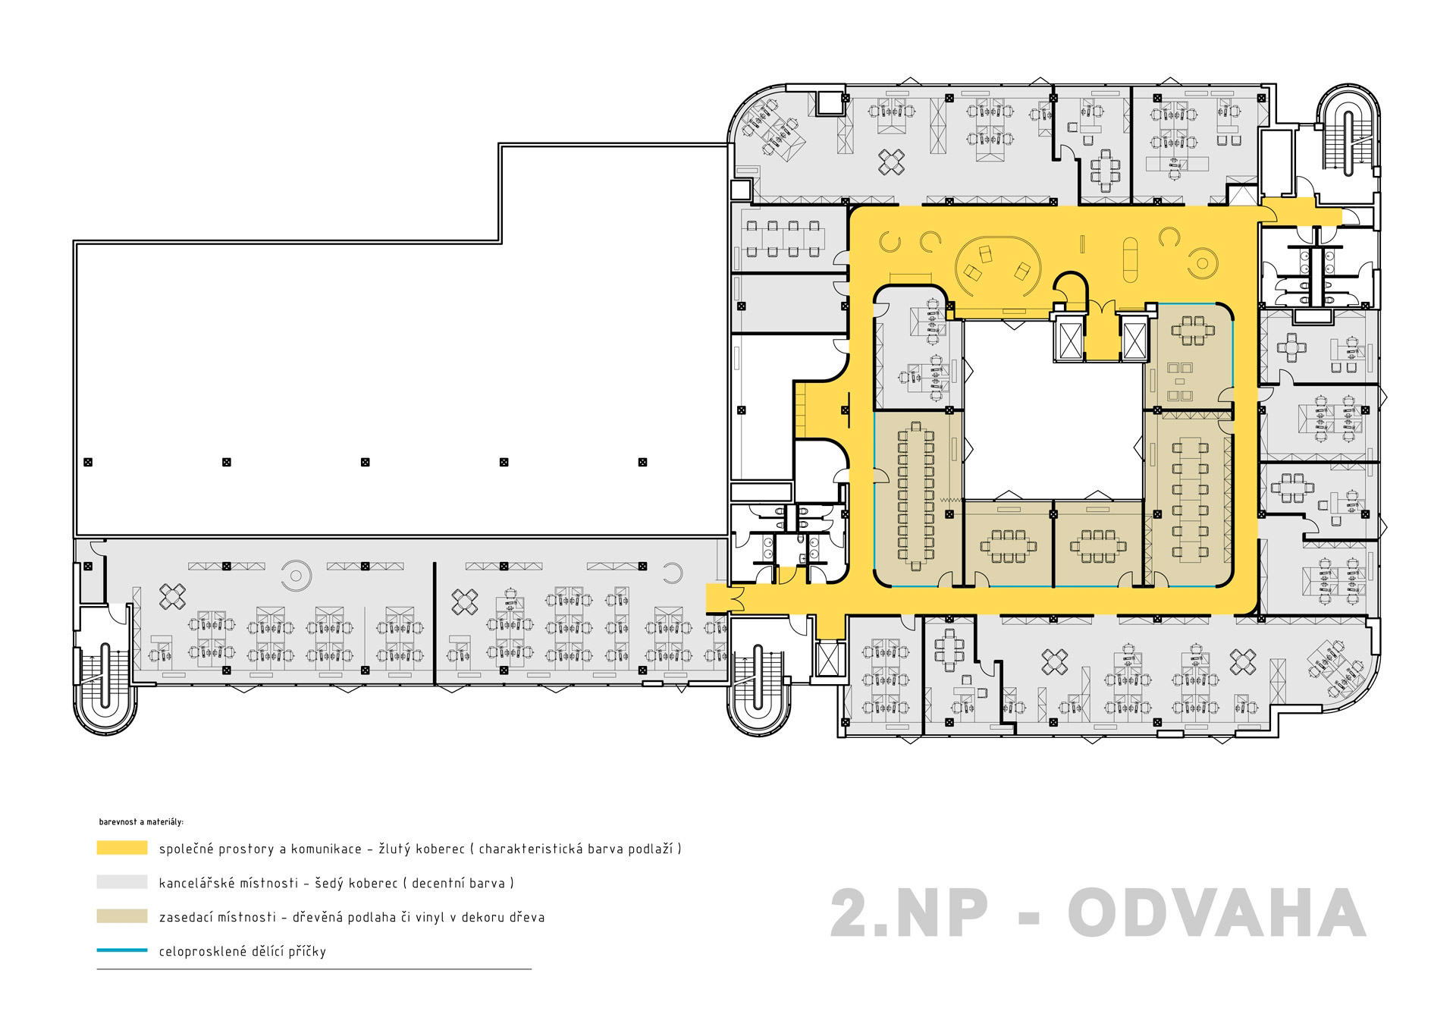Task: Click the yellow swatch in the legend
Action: [x=122, y=848]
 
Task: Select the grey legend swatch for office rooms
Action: [x=122, y=882]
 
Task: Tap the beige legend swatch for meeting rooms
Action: [x=122, y=916]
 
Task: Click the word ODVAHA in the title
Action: [x=1216, y=914]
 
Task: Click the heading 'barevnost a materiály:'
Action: [x=141, y=821]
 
